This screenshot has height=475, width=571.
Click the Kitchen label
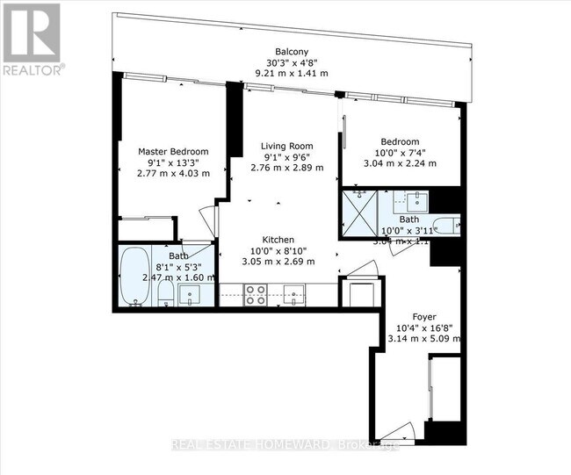[x=278, y=240]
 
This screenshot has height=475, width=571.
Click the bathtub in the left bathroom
[x=135, y=276]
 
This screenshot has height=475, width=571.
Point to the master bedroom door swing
[x=205, y=216]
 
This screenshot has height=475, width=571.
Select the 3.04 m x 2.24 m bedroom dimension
[x=400, y=162]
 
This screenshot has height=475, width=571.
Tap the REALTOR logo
[x=32, y=40]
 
